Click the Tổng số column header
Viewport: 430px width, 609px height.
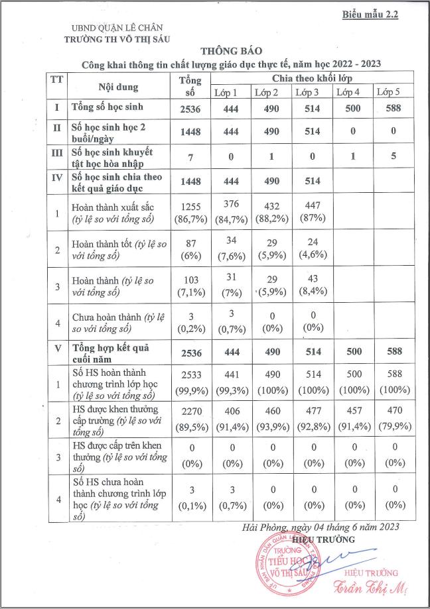[x=186, y=85]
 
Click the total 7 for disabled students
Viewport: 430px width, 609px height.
[x=186, y=156]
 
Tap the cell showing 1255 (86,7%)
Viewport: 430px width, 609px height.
[x=186, y=213]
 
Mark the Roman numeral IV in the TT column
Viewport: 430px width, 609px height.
[x=57, y=180]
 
